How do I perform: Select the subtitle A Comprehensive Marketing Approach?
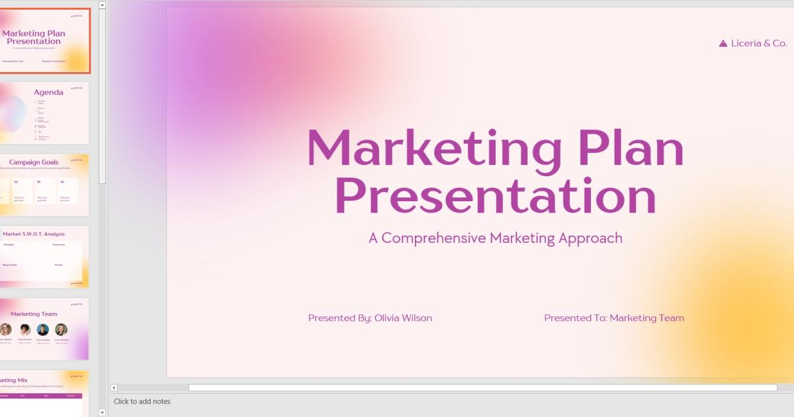[x=495, y=238]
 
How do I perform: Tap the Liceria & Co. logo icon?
[x=723, y=44]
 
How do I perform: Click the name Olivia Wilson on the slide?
[x=403, y=318]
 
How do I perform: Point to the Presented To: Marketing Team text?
[x=613, y=318]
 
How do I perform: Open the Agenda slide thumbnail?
[x=44, y=113]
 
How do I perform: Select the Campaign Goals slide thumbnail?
[x=44, y=185]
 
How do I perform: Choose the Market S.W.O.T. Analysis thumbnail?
[x=44, y=257]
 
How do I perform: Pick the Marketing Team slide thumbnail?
[x=44, y=329]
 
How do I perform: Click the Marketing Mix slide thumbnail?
[x=44, y=393]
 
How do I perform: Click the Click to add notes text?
[x=142, y=402]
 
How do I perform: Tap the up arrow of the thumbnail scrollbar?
[x=102, y=5]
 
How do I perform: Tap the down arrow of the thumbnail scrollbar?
[x=102, y=412]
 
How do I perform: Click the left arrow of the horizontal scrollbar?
[x=114, y=388]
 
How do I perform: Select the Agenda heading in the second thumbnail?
[x=49, y=93]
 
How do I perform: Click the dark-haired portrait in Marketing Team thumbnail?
[x=24, y=330]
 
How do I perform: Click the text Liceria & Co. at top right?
[x=759, y=44]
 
